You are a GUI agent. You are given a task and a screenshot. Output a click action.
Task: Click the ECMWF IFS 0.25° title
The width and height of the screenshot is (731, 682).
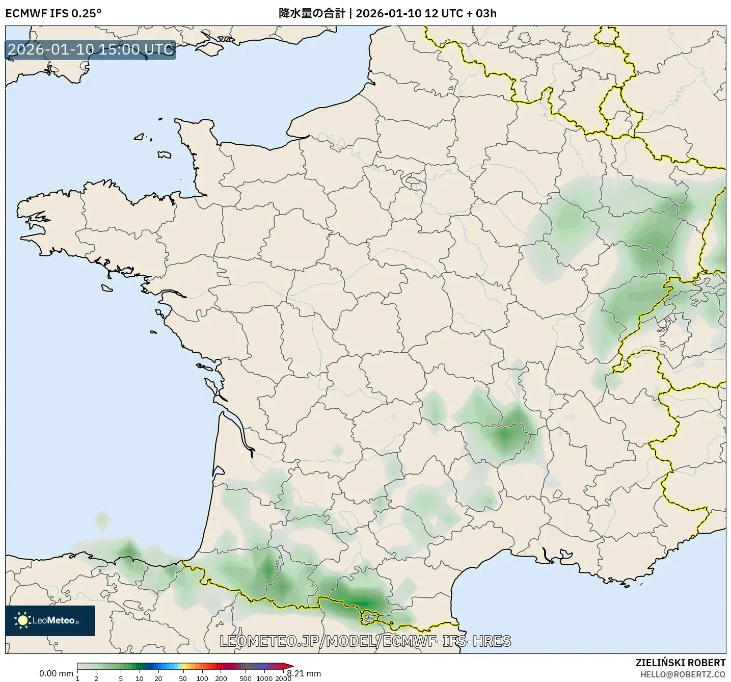(53, 13)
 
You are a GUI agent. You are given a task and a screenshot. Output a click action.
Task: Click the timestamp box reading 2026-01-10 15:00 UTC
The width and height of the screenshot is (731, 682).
(90, 49)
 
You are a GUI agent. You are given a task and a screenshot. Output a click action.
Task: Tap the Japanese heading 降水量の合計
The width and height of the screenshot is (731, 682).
(312, 13)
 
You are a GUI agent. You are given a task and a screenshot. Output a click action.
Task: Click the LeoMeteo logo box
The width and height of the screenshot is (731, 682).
(50, 620)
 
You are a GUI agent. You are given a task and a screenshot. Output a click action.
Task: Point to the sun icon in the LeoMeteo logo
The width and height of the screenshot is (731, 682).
(22, 620)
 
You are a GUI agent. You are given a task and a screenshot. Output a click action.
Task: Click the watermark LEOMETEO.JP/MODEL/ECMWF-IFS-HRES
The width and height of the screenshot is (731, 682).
(365, 641)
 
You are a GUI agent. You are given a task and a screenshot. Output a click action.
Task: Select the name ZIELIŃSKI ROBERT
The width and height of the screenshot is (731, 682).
(681, 663)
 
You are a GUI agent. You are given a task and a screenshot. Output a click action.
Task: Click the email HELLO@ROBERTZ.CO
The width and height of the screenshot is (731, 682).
(683, 674)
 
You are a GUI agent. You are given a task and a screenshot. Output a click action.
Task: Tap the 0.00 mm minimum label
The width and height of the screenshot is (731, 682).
(56, 673)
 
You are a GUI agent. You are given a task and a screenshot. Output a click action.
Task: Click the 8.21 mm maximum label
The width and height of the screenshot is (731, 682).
(304, 673)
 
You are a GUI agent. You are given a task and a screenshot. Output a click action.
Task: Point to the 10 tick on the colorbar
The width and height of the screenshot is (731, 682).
(140, 678)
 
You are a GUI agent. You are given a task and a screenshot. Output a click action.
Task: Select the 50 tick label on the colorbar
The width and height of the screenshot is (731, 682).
(183, 678)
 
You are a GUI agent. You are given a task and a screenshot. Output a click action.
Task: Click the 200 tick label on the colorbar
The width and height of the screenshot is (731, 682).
(221, 678)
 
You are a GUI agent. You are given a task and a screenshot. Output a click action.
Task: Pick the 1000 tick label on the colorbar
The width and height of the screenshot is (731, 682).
(264, 678)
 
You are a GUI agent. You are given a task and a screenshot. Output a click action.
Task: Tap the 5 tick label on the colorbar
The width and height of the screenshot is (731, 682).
(121, 678)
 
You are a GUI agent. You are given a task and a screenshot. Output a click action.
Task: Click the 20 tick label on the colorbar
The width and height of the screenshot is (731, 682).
(158, 678)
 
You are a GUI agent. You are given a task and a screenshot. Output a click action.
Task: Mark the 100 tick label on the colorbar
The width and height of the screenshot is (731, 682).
(202, 678)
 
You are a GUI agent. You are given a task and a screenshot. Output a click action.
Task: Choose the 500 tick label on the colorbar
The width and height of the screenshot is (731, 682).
(246, 678)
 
